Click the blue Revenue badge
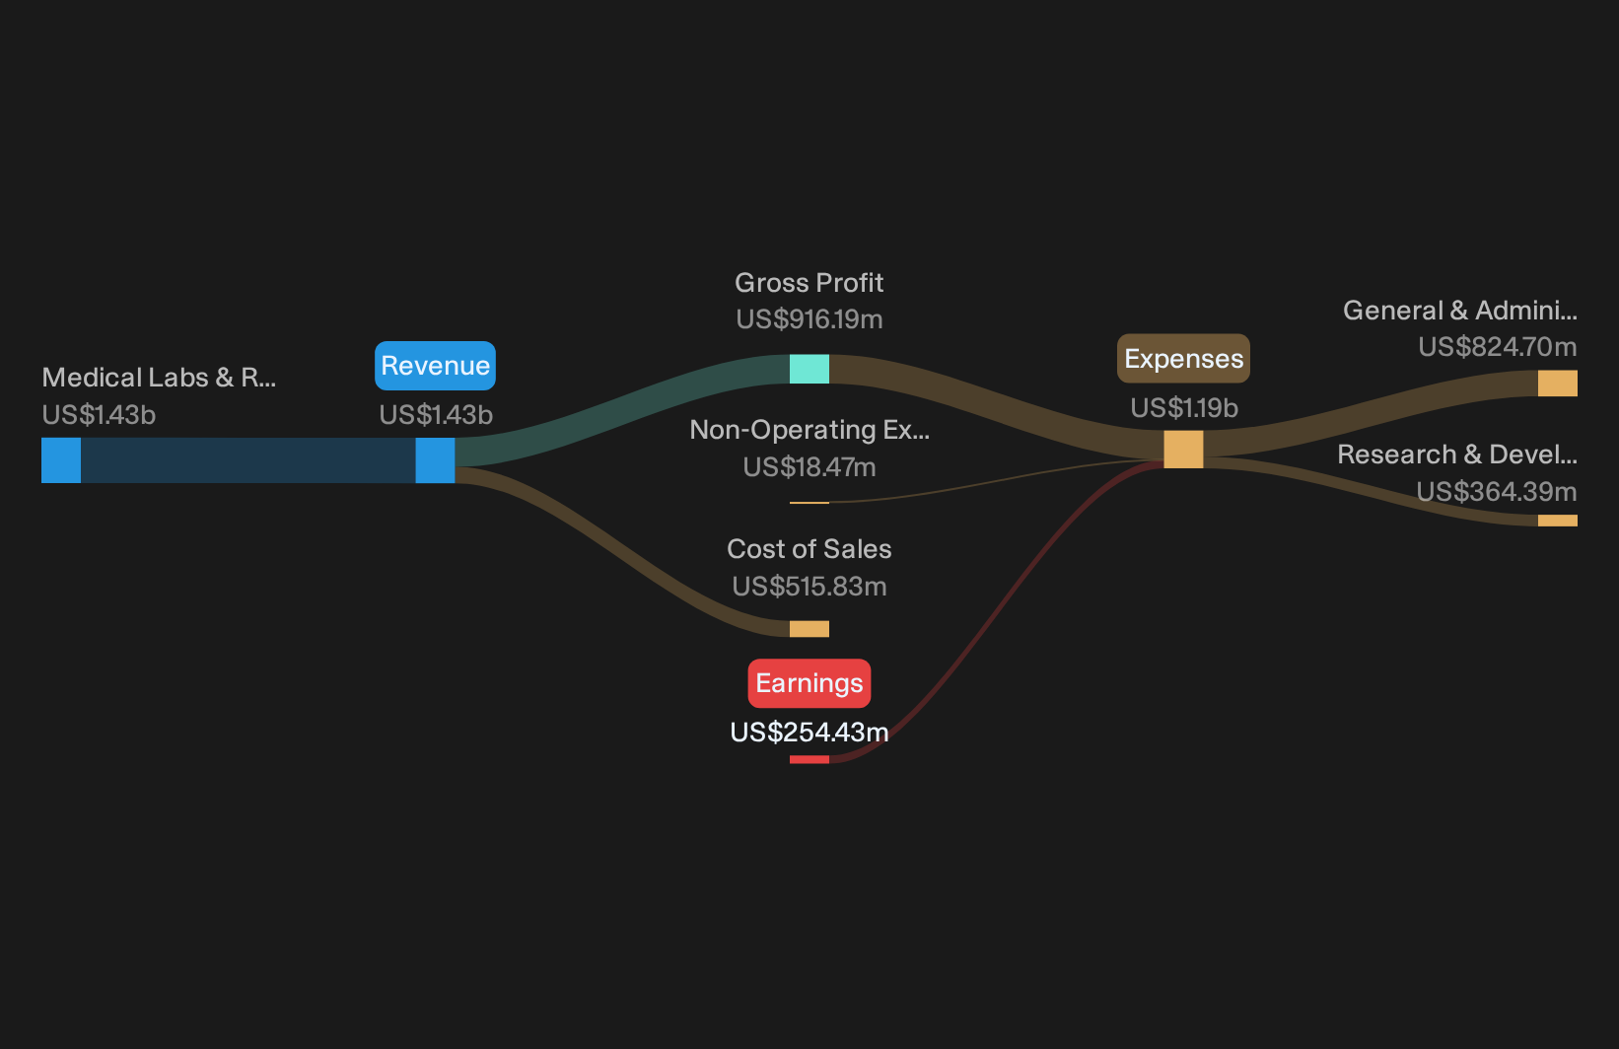[x=435, y=366]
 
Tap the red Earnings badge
[x=809, y=683]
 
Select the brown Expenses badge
[x=1184, y=359]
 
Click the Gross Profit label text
[x=809, y=283]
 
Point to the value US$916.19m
[x=809, y=319]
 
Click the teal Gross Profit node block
[x=809, y=369]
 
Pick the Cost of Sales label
[x=809, y=549]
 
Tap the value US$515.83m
[x=809, y=587]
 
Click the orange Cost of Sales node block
[x=809, y=629]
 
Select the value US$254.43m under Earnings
[x=809, y=733]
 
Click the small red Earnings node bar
[x=809, y=759]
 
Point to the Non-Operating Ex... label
[x=809, y=430]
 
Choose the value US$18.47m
[x=809, y=467]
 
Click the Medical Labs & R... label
[x=159, y=378]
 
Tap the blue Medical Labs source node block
[x=61, y=459]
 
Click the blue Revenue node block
[x=435, y=459]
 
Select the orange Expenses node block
[x=1184, y=449]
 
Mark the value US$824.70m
[x=1498, y=347]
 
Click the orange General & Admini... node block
[x=1558, y=384]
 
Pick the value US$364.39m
[x=1496, y=492]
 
